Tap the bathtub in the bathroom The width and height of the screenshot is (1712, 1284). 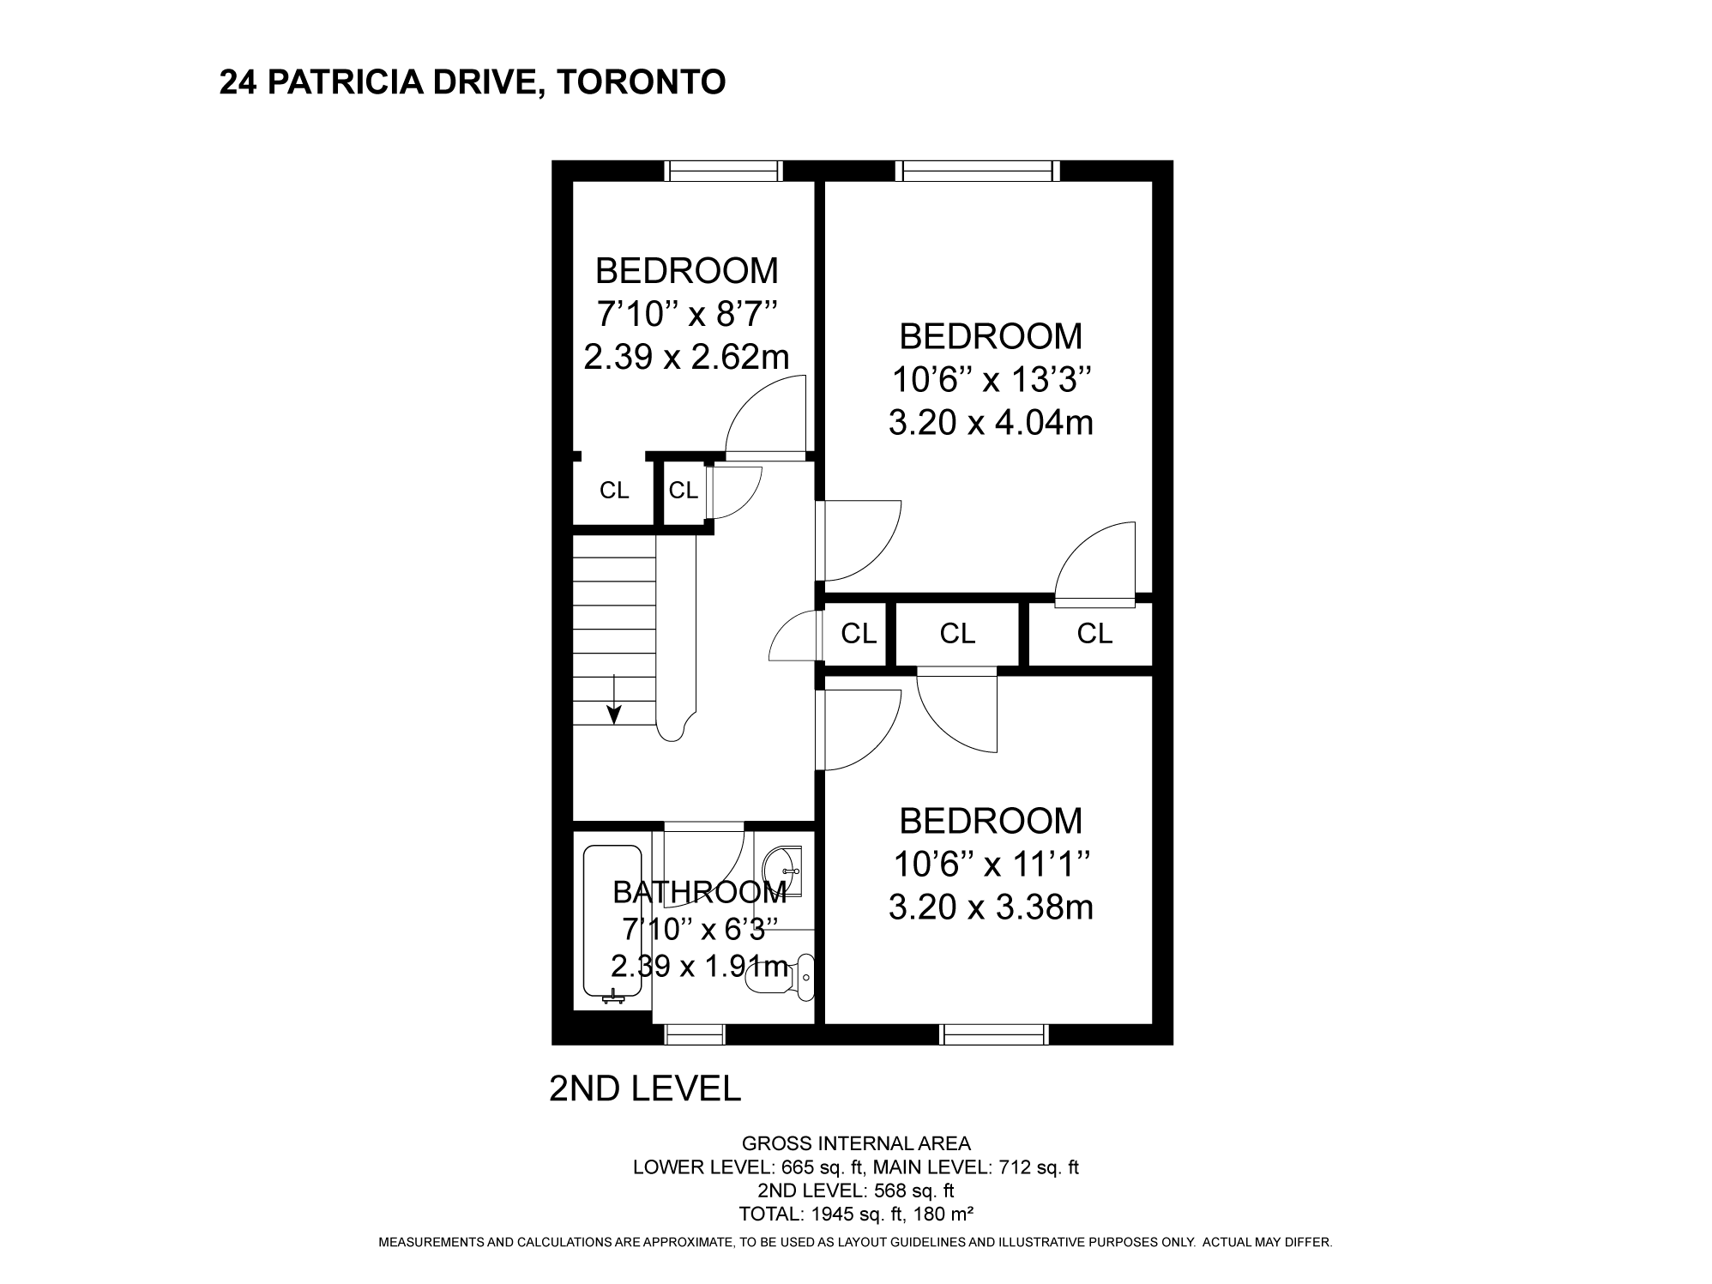612,925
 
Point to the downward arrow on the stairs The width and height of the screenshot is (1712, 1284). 614,699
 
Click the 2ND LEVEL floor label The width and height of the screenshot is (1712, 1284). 644,1088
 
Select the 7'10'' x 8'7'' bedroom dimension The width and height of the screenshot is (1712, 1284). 686,314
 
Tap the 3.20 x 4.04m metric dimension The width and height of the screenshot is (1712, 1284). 991,423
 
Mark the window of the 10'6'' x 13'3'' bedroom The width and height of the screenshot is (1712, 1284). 978,171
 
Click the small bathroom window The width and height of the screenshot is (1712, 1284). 696,1035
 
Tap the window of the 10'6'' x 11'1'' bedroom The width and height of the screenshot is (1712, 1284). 994,1035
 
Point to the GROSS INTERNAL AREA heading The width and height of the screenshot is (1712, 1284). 856,1143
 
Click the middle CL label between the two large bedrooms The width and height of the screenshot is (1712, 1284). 957,634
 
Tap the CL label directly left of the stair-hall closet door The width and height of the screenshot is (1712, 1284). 684,491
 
